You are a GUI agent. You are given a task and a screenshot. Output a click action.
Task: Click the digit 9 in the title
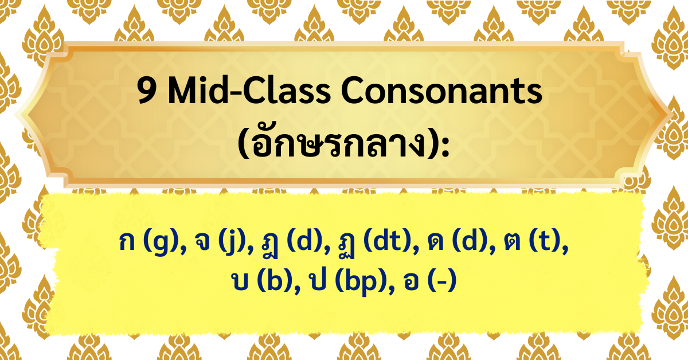pos(147,91)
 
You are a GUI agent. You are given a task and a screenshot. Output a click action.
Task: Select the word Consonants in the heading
pos(441,91)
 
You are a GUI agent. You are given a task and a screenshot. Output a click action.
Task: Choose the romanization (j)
pos(233,244)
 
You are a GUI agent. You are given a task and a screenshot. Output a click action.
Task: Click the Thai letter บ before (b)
pos(240,281)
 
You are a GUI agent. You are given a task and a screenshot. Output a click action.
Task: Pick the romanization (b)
pos(275,281)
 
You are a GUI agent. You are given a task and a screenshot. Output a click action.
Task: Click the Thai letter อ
pos(411,281)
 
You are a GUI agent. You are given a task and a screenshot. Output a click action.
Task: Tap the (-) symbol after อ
pos(442,281)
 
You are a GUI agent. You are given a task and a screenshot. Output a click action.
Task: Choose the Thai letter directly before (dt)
pos(346,245)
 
